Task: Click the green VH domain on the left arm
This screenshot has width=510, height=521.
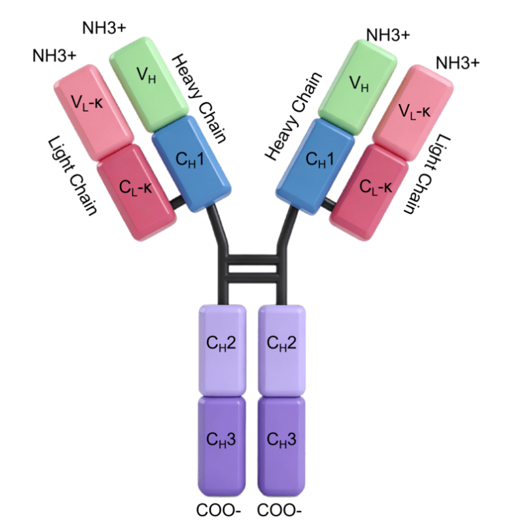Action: click(x=149, y=86)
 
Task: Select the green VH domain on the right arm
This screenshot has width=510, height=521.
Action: click(x=357, y=87)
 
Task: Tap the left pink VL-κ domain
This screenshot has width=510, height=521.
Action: click(x=94, y=112)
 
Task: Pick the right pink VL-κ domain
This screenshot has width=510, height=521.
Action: click(x=413, y=113)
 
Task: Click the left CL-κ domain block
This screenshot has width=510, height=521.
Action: click(x=137, y=192)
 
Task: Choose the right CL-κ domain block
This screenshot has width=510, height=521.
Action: click(x=370, y=193)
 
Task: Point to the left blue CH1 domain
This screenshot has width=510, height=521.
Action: click(x=191, y=163)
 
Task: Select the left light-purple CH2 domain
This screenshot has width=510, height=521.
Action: click(x=222, y=350)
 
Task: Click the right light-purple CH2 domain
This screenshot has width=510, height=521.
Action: click(x=282, y=350)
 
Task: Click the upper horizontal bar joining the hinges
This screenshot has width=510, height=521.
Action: click(x=253, y=259)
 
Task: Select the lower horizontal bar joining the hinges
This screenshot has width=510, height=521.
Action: click(x=253, y=277)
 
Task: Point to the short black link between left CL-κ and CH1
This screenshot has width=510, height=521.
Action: click(x=176, y=202)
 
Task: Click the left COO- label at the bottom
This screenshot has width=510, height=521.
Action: click(x=219, y=510)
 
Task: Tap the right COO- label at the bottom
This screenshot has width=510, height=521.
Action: click(x=279, y=510)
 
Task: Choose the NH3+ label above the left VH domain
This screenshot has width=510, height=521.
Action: click(x=104, y=28)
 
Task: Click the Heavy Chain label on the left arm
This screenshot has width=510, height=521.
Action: click(x=199, y=99)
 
